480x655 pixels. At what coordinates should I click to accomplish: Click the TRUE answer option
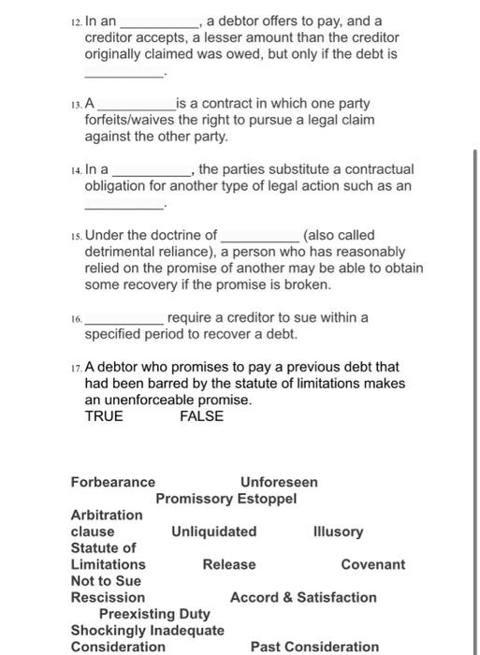(104, 416)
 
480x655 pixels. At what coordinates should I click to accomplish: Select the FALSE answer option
(201, 416)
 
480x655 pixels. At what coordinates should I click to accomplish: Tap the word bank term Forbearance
(113, 482)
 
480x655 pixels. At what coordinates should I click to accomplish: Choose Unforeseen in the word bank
(279, 482)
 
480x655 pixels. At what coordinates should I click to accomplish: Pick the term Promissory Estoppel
(226, 499)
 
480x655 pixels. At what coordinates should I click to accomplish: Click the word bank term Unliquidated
(213, 531)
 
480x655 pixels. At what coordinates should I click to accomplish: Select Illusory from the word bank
(339, 531)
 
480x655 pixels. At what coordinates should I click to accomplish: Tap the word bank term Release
(229, 564)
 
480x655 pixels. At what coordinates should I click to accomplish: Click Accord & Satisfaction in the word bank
(303, 597)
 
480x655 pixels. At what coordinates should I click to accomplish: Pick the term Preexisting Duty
(155, 614)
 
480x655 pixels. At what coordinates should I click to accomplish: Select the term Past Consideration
(314, 647)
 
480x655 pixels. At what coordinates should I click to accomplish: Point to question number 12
(75, 21)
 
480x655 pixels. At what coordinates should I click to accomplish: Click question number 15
(75, 236)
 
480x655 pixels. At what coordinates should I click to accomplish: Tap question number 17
(75, 367)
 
